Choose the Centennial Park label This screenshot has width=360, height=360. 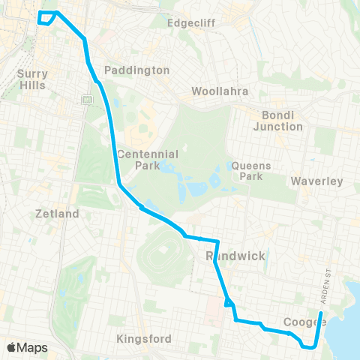pos(148,160)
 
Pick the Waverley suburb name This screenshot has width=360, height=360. pos(316,181)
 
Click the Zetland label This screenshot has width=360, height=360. pos(57,214)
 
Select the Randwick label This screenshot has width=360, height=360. pos(235,256)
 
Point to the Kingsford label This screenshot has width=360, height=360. pos(145,339)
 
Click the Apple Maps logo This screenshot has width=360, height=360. pos(27,347)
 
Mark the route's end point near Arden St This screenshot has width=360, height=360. pos(320,313)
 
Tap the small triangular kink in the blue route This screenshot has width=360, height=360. pos(229,303)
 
